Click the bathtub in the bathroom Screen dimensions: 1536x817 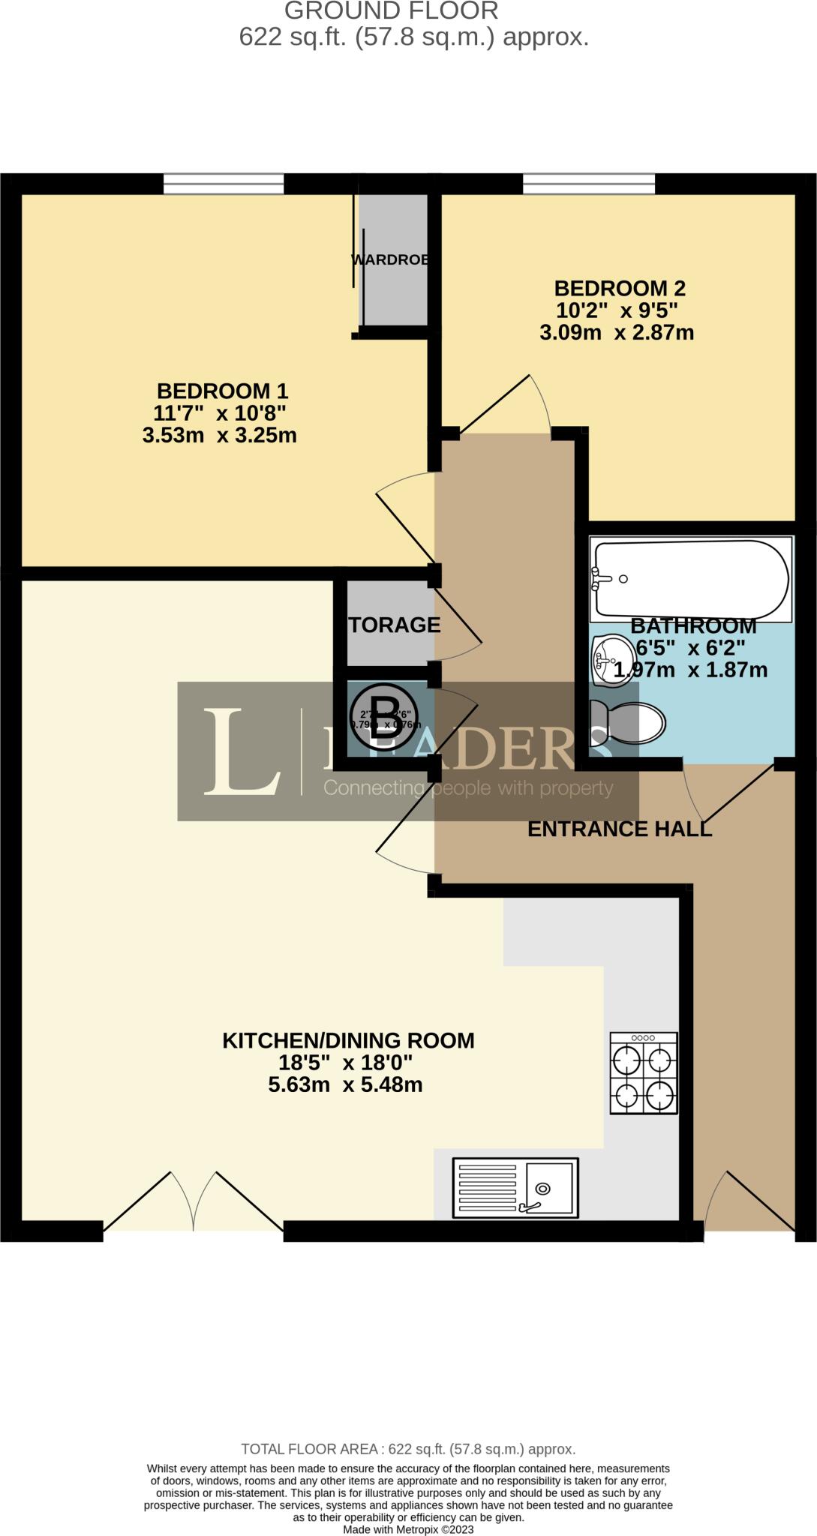[x=691, y=579]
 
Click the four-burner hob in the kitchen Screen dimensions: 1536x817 [x=644, y=1073]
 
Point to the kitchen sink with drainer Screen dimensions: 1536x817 [x=515, y=1187]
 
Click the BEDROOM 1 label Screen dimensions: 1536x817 [x=222, y=391]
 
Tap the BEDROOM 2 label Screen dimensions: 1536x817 [x=619, y=288]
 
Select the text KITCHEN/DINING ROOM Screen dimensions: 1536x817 [x=348, y=1040]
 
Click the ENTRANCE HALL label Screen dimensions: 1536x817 [x=619, y=829]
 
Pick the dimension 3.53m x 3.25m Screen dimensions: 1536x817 [x=220, y=435]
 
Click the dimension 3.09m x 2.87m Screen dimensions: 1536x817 [x=617, y=332]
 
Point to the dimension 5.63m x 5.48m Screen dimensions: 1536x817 [x=345, y=1084]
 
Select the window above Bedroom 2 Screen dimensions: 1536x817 [x=588, y=184]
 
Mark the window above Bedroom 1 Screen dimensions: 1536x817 [x=224, y=184]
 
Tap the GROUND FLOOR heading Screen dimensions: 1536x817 [x=391, y=11]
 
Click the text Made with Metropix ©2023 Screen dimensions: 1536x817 [x=408, y=1529]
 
